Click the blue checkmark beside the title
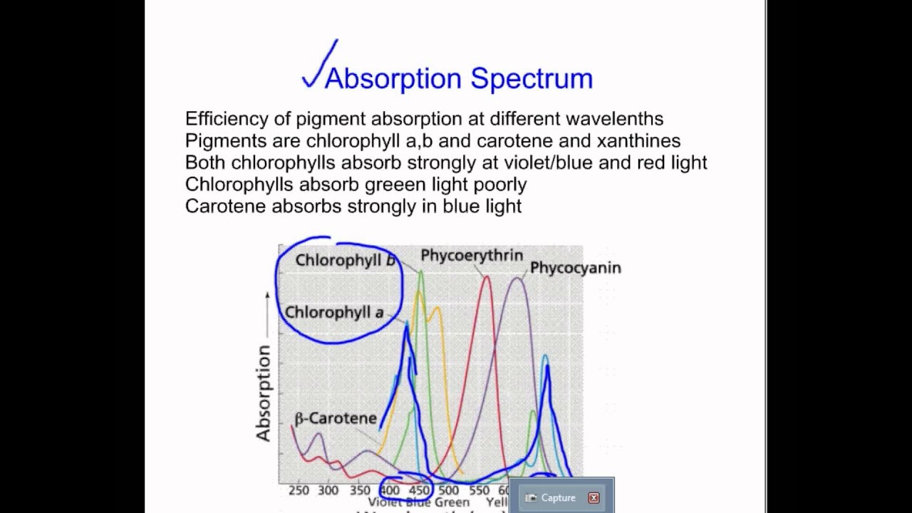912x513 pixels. coord(318,66)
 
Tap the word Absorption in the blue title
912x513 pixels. coord(393,79)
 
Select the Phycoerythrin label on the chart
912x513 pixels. coord(471,255)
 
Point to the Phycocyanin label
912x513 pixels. coord(575,268)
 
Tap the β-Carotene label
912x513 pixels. coord(335,418)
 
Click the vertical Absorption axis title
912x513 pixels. coord(264,393)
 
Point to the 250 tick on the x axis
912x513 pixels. coord(299,490)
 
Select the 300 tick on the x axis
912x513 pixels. coord(328,490)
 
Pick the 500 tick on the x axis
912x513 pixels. coord(449,490)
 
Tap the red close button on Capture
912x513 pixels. coord(594,498)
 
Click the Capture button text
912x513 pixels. coord(558,498)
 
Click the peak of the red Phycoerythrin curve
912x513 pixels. coord(487,276)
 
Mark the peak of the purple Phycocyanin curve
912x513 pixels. coord(518,279)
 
